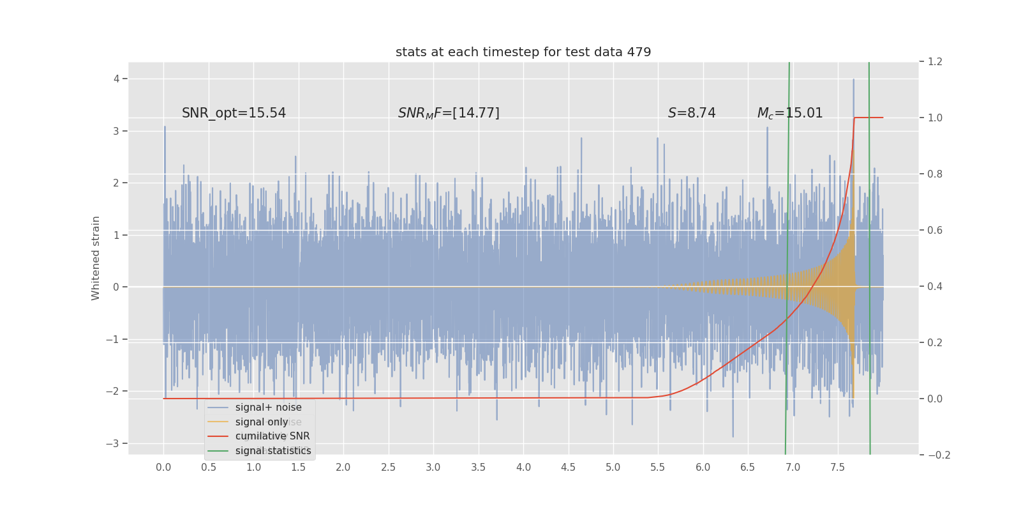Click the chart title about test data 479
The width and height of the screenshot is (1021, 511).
click(523, 52)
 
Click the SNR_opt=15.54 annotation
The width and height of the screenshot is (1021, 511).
click(234, 113)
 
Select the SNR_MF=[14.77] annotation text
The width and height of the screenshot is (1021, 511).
click(449, 113)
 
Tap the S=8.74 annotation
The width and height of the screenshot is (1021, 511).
click(692, 113)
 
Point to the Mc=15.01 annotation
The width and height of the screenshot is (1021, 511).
click(790, 113)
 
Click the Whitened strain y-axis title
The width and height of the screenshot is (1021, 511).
click(96, 258)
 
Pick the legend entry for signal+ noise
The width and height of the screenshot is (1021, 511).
click(268, 408)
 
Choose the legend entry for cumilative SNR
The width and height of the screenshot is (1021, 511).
click(272, 436)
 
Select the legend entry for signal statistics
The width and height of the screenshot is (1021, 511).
click(273, 451)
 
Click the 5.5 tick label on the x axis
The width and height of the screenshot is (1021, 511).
click(658, 468)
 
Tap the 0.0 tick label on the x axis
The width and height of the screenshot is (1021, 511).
click(163, 468)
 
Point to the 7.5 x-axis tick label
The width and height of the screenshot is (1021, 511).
click(838, 468)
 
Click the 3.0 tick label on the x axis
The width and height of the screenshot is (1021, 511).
click(433, 468)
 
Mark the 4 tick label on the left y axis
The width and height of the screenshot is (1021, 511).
click(117, 79)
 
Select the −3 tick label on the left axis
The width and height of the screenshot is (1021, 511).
click(113, 443)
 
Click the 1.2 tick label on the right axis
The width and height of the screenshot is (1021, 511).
click(935, 62)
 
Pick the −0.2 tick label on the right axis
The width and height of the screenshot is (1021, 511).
click(939, 455)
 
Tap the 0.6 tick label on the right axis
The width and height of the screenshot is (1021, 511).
click(935, 230)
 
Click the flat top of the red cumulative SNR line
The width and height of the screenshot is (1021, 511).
click(868, 118)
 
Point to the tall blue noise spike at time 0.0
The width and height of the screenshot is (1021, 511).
click(165, 128)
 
